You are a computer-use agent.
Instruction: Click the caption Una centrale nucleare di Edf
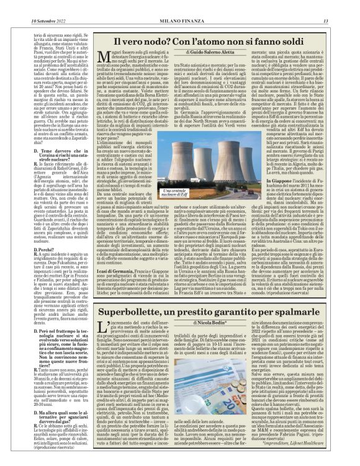[x=176, y=194]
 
